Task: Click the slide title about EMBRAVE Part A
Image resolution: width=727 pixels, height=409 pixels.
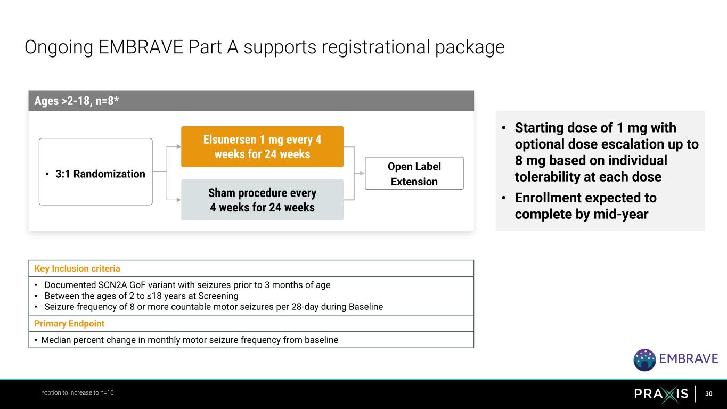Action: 264,47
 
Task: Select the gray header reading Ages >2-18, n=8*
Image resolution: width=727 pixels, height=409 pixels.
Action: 251,101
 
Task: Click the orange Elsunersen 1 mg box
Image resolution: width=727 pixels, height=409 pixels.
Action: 262,146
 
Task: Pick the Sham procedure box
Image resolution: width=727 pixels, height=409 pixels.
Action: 262,200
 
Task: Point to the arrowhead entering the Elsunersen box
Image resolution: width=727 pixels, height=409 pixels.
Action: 178,146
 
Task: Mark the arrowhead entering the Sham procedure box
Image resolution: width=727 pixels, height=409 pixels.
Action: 178,200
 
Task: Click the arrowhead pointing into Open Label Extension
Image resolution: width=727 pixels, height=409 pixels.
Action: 362,173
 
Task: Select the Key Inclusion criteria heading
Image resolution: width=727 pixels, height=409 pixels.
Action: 77,268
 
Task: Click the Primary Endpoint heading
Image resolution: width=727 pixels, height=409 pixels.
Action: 69,323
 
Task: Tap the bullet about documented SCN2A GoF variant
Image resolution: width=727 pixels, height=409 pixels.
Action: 187,284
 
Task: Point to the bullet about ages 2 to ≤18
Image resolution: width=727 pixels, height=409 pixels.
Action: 141,296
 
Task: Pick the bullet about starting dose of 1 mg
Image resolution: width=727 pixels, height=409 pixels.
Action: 606,152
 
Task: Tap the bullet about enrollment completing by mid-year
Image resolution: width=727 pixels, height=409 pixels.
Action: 585,206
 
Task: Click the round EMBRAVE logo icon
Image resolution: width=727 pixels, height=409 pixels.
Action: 644,360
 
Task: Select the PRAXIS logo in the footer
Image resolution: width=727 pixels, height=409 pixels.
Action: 661,394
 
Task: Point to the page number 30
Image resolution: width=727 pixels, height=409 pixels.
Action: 708,394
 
